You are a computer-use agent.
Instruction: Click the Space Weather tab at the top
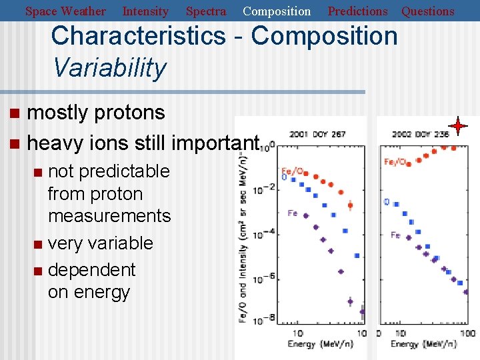point(65,11)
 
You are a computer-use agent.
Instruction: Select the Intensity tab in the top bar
point(145,11)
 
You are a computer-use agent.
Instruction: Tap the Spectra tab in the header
point(205,11)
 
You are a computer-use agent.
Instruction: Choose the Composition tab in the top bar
point(277,11)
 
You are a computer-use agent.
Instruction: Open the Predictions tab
point(357,11)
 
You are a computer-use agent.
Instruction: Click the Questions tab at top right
point(427,11)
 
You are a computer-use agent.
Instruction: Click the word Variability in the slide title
point(109,67)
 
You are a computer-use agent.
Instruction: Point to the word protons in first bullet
point(129,113)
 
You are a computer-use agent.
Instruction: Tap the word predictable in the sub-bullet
point(123,171)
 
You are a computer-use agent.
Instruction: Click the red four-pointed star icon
point(458,125)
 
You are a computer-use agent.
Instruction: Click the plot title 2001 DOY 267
point(317,134)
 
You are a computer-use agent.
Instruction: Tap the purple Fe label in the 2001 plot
point(292,213)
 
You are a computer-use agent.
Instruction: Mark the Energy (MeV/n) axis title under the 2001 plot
point(320,344)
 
